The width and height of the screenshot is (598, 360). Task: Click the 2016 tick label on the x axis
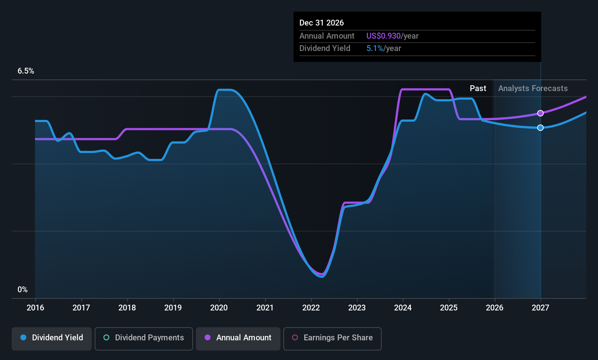pos(35,308)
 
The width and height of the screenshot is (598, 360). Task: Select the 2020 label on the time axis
pos(219,308)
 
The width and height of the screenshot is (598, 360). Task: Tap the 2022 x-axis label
pos(311,308)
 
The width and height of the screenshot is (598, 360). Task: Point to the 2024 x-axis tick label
pos(403,308)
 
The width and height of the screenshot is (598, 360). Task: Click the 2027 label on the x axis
pos(540,308)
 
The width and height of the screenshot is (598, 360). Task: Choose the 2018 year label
pos(127,308)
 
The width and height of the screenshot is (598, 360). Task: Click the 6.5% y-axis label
pos(26,71)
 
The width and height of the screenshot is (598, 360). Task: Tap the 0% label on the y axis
pos(23,290)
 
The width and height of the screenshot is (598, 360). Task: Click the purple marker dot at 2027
pos(540,113)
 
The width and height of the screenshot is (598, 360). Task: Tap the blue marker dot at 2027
pos(540,128)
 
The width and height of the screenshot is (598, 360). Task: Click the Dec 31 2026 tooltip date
pos(322,23)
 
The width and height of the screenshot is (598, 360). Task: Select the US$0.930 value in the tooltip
pos(383,36)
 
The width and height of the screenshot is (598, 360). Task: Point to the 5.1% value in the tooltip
pos(374,48)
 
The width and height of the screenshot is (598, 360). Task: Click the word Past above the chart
pos(478,89)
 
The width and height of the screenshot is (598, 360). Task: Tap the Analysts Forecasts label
pos(533,89)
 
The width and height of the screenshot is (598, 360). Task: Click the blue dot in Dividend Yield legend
pos(23,338)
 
